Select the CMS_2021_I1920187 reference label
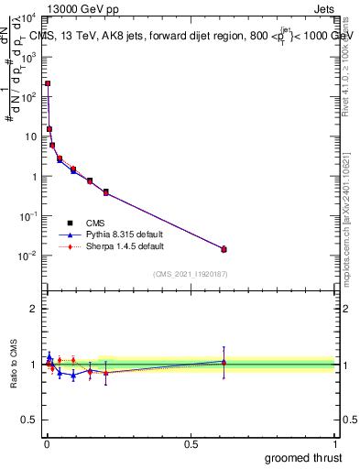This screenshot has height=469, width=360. (190, 274)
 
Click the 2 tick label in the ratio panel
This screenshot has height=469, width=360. (33, 309)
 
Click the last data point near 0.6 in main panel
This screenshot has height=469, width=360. (224, 249)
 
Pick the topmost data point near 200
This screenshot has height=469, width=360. (48, 83)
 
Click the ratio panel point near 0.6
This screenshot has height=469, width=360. (224, 362)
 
